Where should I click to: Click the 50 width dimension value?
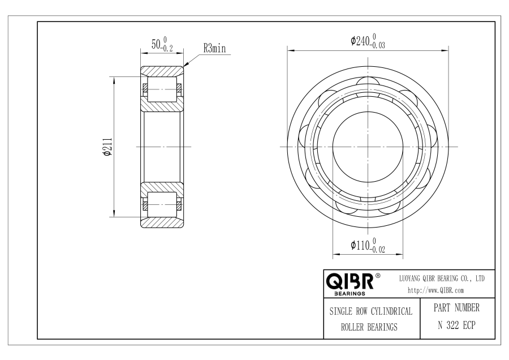tap(162, 44)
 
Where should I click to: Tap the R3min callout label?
tap(214, 49)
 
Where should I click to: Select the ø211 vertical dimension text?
tap(107, 147)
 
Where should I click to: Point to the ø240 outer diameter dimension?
tap(368, 41)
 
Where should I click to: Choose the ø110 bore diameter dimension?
tap(368, 245)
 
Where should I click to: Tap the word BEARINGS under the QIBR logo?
tap(350, 294)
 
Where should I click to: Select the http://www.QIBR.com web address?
tap(435, 290)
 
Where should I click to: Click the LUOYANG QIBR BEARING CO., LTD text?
tap(442, 278)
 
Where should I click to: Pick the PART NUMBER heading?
tap(456, 308)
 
